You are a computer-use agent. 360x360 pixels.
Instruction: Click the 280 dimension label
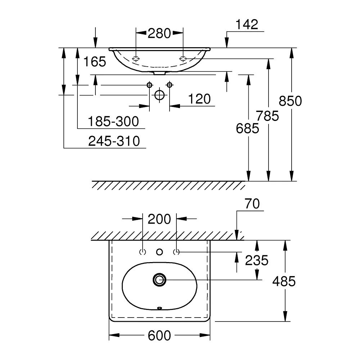tap(159, 33)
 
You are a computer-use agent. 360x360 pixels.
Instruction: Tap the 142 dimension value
tap(247, 24)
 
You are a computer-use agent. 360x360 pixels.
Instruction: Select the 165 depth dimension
tap(95, 62)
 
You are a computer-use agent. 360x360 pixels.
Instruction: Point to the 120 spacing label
tap(199, 99)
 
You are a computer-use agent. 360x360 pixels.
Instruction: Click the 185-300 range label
tap(113, 121)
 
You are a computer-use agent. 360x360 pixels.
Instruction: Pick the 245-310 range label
tap(114, 141)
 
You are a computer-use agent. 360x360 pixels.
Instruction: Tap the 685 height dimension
tap(248, 129)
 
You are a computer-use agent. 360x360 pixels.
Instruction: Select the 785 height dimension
tap(267, 116)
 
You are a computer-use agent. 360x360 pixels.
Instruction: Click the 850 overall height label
tap(290, 101)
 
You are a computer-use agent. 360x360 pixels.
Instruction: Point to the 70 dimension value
tap(252, 204)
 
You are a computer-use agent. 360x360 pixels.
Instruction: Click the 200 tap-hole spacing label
tap(159, 219)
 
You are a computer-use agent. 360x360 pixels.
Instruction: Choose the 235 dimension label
tap(256, 260)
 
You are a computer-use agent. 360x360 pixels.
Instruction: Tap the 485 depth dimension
tap(284, 281)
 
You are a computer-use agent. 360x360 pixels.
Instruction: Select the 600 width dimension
tap(159, 336)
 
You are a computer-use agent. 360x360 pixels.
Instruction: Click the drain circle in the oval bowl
tap(159, 280)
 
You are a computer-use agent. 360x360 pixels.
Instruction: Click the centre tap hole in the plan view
tap(159, 252)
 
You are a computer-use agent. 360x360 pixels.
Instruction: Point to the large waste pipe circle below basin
tap(159, 95)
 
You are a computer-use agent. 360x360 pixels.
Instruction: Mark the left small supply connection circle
tap(149, 85)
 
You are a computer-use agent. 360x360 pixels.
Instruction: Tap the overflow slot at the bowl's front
tap(159, 308)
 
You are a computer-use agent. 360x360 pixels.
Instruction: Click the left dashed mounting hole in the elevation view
tap(136, 59)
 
